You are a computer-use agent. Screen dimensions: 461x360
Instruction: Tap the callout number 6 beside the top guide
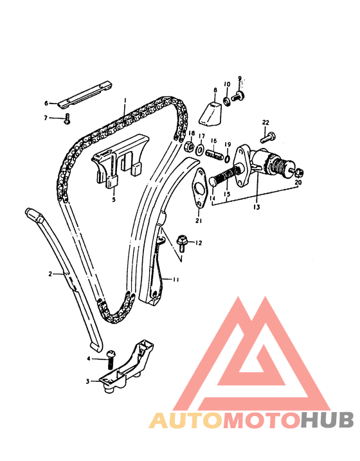click(46, 103)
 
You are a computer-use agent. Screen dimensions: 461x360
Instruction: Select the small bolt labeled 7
click(66, 118)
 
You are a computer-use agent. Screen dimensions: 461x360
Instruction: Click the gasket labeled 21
click(197, 187)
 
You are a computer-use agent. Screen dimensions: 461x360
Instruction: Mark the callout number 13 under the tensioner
click(257, 207)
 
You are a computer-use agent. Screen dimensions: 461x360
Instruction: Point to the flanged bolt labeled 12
click(181, 242)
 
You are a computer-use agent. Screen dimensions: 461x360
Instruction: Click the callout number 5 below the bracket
click(114, 199)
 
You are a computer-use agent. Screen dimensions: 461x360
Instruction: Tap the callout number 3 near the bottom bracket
click(87, 381)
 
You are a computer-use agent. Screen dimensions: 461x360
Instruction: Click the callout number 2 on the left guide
click(50, 274)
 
